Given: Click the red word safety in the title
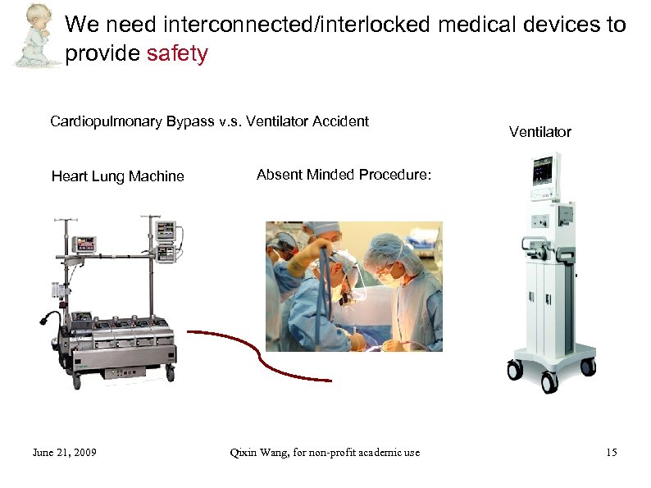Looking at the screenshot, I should [x=177, y=54].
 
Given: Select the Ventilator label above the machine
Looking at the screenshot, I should [x=539, y=132].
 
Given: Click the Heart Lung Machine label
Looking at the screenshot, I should [x=117, y=176].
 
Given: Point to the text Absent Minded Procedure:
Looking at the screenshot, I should [x=344, y=175].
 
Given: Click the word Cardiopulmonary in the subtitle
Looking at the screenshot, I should [x=107, y=122].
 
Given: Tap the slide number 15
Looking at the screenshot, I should [x=611, y=453].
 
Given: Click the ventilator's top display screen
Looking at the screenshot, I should [x=544, y=174].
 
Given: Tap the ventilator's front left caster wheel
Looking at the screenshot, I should [x=515, y=371].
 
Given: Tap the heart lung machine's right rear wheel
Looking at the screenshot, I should [x=171, y=372].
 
